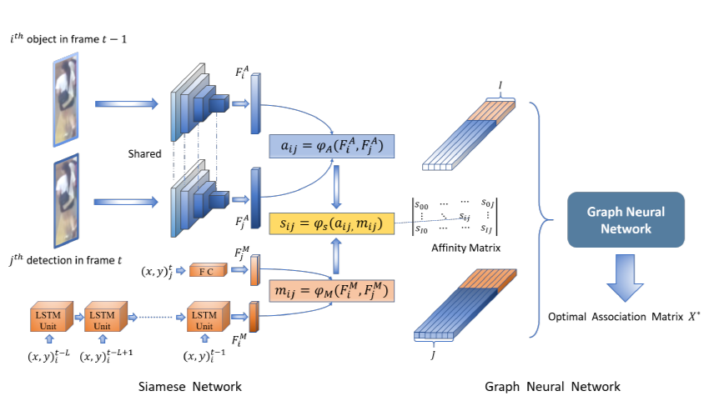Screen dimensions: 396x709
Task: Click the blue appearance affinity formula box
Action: click(x=332, y=148)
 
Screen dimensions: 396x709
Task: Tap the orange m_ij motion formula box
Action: click(x=332, y=292)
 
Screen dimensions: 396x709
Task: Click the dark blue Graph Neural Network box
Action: click(x=625, y=219)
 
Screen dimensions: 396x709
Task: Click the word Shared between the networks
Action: click(x=144, y=154)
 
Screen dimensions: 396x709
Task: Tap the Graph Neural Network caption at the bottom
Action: click(x=552, y=386)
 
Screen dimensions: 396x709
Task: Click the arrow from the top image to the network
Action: click(x=126, y=104)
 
